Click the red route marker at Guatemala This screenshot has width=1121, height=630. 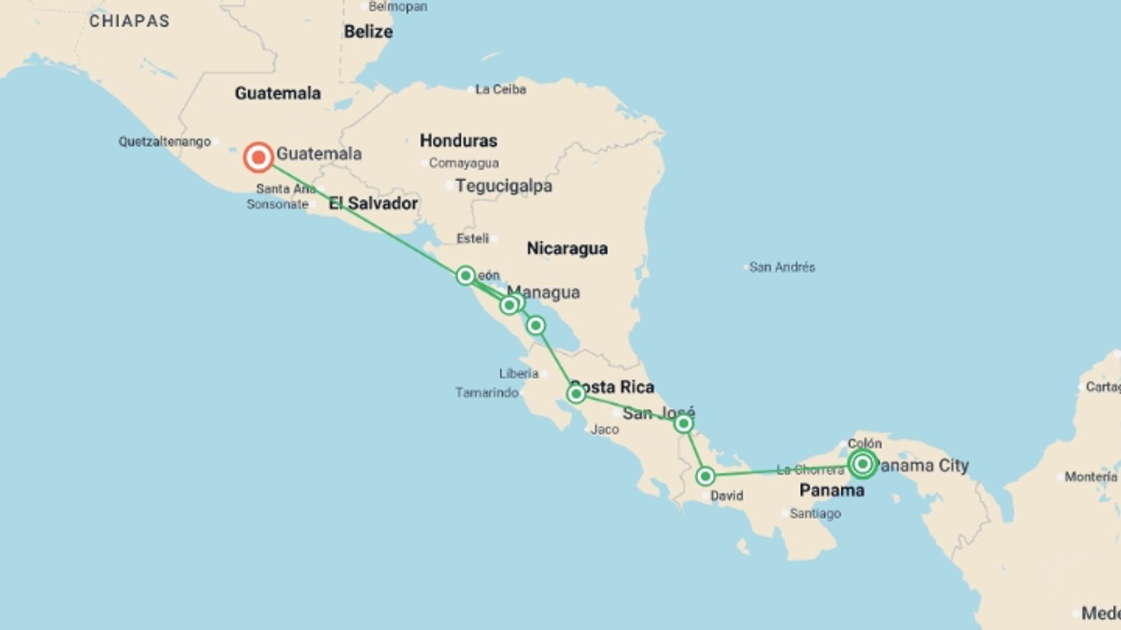click(258, 157)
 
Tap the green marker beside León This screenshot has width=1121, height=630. click(465, 275)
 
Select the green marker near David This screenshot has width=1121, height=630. click(705, 477)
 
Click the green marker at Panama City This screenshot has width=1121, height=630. click(862, 464)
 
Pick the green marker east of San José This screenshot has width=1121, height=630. click(683, 424)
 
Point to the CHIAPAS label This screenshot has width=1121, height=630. click(129, 21)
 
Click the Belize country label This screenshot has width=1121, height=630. click(368, 32)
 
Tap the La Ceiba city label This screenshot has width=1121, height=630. click(500, 89)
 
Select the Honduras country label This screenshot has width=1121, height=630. click(458, 141)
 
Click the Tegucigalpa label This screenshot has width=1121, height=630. click(503, 186)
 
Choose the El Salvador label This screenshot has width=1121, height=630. click(373, 204)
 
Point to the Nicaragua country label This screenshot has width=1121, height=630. click(567, 249)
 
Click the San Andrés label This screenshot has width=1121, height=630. click(782, 267)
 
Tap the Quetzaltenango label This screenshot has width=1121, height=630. click(165, 142)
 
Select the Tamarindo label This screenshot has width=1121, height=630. click(487, 393)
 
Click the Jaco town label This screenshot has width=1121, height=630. click(604, 430)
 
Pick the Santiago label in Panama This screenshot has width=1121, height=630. click(815, 514)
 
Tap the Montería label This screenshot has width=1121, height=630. click(1090, 477)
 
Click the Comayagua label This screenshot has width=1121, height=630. click(464, 163)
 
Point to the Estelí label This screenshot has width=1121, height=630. click(473, 239)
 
